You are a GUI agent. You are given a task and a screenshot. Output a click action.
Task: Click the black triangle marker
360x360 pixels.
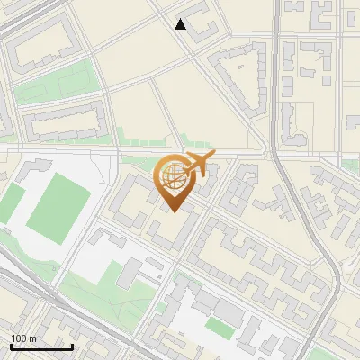click(181, 24)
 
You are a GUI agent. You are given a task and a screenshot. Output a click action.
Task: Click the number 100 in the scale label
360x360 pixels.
click(18, 338)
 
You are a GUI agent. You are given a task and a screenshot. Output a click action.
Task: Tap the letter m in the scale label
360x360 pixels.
click(32, 338)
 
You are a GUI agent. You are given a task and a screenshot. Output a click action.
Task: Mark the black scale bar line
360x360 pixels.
click(41, 346)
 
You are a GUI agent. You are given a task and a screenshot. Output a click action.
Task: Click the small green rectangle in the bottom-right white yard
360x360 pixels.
click(219, 326)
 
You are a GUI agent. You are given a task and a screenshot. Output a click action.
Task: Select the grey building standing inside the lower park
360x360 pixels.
click(131, 271)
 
